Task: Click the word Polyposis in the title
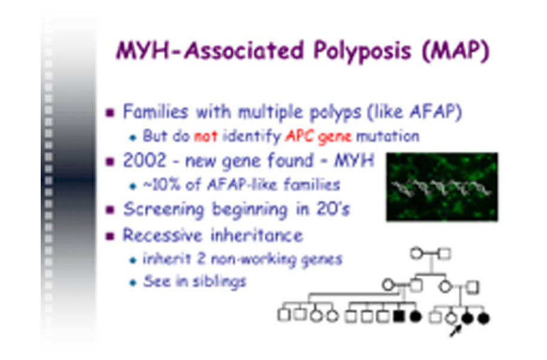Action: click(x=363, y=51)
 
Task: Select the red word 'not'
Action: click(x=205, y=136)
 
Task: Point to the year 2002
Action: click(x=144, y=161)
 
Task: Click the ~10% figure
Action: click(x=162, y=185)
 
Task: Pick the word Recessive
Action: click(x=163, y=236)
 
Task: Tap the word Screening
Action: click(x=163, y=210)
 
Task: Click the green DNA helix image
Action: click(x=442, y=187)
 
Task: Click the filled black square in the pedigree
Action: click(x=399, y=316)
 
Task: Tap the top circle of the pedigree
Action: click(x=416, y=254)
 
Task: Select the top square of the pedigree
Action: click(x=445, y=254)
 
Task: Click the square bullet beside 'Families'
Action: click(x=110, y=113)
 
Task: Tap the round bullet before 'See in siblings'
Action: click(x=133, y=282)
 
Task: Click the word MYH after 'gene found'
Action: click(x=354, y=161)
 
